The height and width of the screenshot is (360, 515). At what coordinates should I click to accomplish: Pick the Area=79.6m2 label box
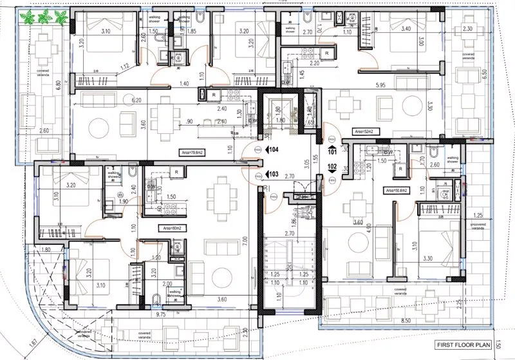193,152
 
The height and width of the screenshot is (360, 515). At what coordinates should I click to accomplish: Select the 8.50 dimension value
405,321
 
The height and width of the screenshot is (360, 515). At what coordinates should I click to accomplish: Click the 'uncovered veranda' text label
477,225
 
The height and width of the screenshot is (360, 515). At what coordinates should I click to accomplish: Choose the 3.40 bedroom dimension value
407,29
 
